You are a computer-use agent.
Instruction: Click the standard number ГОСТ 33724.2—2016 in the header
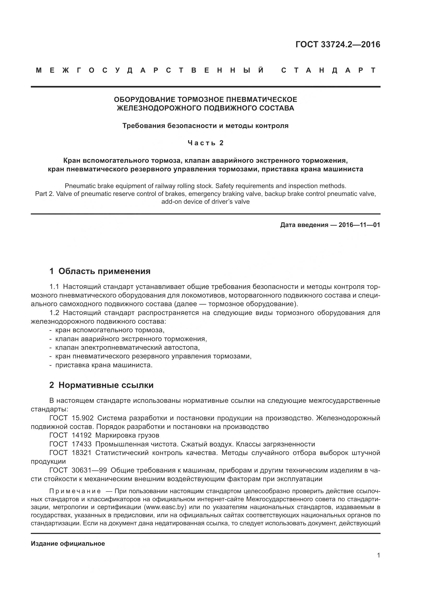pyautogui.click(x=337, y=44)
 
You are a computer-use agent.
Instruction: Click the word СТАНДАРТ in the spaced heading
pyautogui.click(x=329, y=70)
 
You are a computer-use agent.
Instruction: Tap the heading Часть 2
pyautogui.click(x=206, y=143)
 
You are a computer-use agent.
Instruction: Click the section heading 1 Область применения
pyautogui.click(x=100, y=271)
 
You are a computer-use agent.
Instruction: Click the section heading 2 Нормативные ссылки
pyautogui.click(x=101, y=385)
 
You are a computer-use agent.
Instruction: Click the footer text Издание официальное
pyautogui.click(x=68, y=544)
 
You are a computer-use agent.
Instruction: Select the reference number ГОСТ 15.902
pyautogui.click(x=71, y=418)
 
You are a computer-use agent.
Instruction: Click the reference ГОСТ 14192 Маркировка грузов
pyautogui.click(x=104, y=435)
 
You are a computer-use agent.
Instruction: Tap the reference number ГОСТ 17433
pyautogui.click(x=71, y=444)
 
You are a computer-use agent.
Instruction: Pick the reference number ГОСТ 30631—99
pyautogui.click(x=78, y=470)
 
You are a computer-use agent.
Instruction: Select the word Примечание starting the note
pyautogui.click(x=75, y=491)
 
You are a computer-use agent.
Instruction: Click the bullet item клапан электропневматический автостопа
pyautogui.click(x=127, y=347)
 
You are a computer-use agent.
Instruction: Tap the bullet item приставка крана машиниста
pyautogui.click(x=104, y=365)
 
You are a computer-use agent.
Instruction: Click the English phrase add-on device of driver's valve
pyautogui.click(x=205, y=201)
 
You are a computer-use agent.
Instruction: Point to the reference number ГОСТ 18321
pyautogui.click(x=71, y=453)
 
